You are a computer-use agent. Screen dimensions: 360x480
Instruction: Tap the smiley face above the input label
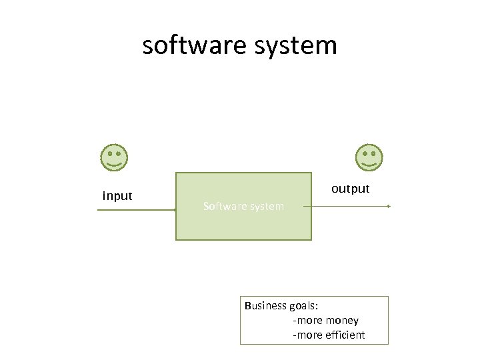coord(114,157)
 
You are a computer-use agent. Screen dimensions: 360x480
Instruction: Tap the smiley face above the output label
coord(369,157)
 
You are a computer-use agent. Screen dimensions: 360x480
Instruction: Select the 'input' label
coord(117,196)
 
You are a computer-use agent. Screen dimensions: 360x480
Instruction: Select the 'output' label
coord(351,189)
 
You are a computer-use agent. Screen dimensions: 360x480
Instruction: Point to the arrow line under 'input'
coord(137,210)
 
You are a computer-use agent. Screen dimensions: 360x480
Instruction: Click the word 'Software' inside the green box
coord(224,207)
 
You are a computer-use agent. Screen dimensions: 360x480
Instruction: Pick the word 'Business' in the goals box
coord(265,306)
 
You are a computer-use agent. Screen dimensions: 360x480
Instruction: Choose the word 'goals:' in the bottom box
coord(303,306)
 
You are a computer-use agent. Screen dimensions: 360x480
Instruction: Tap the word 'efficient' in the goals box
coord(345,335)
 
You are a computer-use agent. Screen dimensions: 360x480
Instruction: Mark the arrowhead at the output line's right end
coord(388,207)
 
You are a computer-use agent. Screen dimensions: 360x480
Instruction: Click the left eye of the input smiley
coord(110,153)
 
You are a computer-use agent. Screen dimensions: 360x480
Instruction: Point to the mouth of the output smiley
coord(369,164)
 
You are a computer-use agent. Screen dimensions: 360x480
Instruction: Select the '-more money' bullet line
coord(326,321)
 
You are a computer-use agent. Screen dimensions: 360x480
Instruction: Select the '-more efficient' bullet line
coord(329,335)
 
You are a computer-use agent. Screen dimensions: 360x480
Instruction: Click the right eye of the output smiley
coord(373,153)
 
